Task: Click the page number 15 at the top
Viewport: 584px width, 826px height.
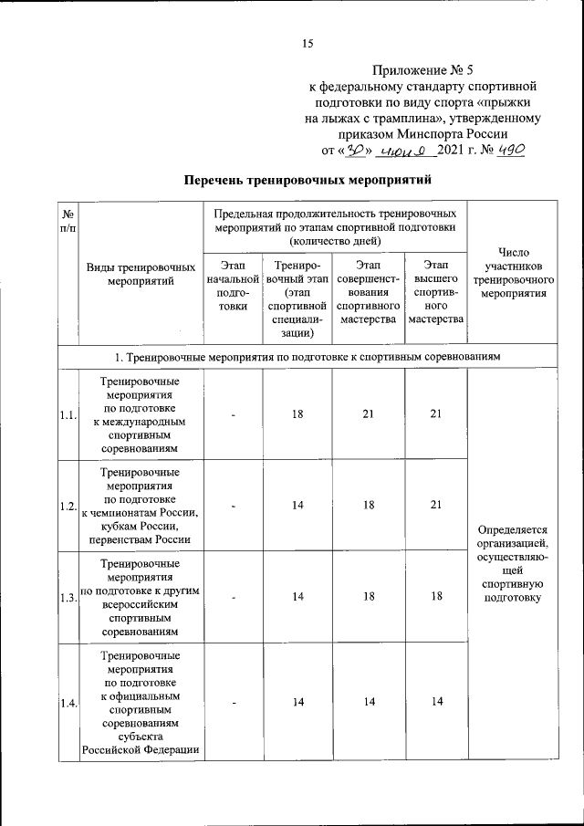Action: coord(308,43)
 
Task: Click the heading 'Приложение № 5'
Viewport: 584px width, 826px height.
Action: coord(423,69)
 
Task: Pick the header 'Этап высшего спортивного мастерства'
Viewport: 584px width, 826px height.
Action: coord(436,291)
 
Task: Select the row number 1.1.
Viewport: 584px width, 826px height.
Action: coord(68,416)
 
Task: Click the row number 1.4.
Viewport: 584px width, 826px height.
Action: coord(68,702)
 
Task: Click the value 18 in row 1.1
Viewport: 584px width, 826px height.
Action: coord(297,414)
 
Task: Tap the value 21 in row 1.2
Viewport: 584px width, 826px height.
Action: coord(436,505)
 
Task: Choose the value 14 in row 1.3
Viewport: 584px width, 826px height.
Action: coord(297,596)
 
